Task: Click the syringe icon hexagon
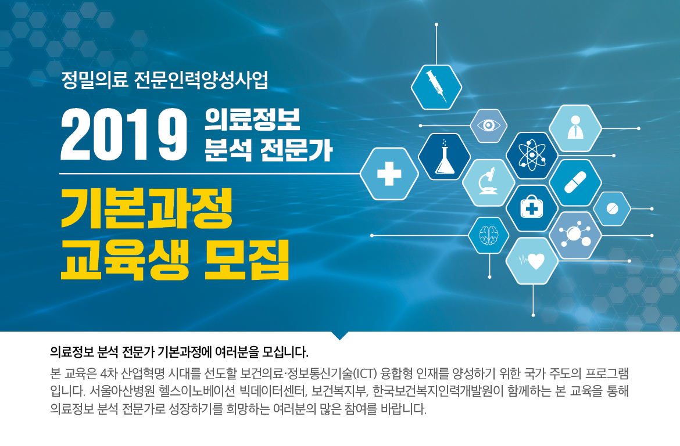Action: click(x=436, y=87)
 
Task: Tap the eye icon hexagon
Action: click(x=489, y=125)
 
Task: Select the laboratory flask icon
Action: click(x=445, y=156)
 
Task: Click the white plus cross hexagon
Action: click(x=389, y=174)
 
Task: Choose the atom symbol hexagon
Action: click(x=532, y=154)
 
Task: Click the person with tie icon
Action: click(x=575, y=127)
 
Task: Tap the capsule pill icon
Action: click(x=575, y=182)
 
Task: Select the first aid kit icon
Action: click(x=532, y=207)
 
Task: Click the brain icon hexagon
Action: click(x=489, y=235)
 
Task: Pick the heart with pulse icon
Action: click(x=532, y=261)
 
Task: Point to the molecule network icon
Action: click(x=575, y=235)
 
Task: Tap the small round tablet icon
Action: click(x=612, y=208)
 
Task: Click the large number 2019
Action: click(x=124, y=134)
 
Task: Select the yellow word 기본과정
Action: click(x=146, y=208)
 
